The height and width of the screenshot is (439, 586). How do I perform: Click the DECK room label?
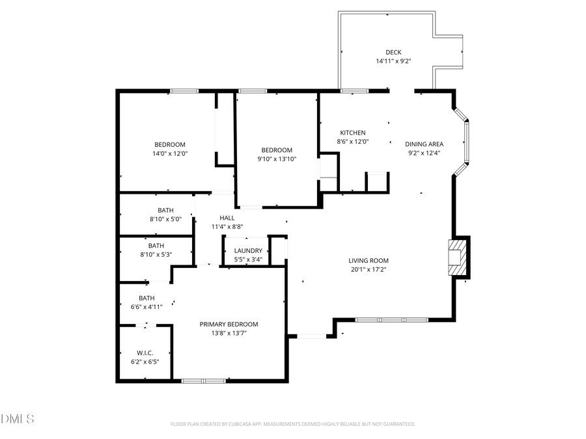click(x=393, y=52)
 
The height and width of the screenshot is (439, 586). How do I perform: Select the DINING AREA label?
click(x=424, y=144)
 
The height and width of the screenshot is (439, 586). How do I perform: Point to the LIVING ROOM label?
click(x=368, y=260)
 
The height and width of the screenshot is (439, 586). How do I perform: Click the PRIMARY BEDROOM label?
click(x=229, y=324)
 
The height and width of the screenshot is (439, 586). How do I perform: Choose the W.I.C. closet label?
click(x=145, y=353)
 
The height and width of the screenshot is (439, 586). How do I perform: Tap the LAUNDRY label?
click(x=248, y=250)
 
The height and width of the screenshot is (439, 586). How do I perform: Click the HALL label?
click(x=227, y=218)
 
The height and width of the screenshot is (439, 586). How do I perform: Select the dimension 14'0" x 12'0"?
click(x=169, y=153)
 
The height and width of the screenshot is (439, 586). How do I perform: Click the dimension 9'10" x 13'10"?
click(x=277, y=159)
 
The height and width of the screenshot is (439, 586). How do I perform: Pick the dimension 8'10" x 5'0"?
click(x=165, y=219)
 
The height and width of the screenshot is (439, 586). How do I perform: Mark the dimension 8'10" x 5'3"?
click(x=156, y=254)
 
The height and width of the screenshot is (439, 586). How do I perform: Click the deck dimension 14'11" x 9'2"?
click(x=393, y=61)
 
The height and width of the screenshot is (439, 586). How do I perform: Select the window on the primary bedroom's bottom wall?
click(x=204, y=380)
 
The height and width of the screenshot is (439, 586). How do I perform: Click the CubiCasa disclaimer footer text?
click(x=292, y=424)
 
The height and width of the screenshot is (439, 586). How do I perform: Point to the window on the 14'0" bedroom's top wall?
click(x=184, y=91)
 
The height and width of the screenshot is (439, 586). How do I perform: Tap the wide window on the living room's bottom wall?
click(x=391, y=319)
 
